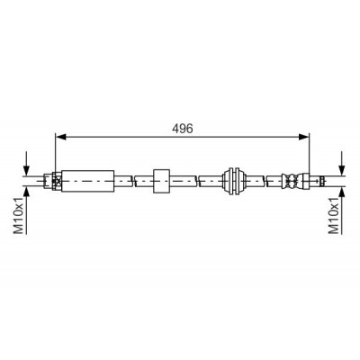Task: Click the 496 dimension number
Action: point(183,129)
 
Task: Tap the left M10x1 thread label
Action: point(19,215)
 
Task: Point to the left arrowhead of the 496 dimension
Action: point(60,137)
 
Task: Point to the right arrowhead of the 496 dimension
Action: point(303,137)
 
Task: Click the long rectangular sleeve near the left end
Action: point(87,181)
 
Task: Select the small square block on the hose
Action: point(161,181)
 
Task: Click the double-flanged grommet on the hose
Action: point(234,181)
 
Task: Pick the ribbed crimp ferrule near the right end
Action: point(291,181)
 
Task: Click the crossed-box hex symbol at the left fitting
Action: point(57,181)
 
